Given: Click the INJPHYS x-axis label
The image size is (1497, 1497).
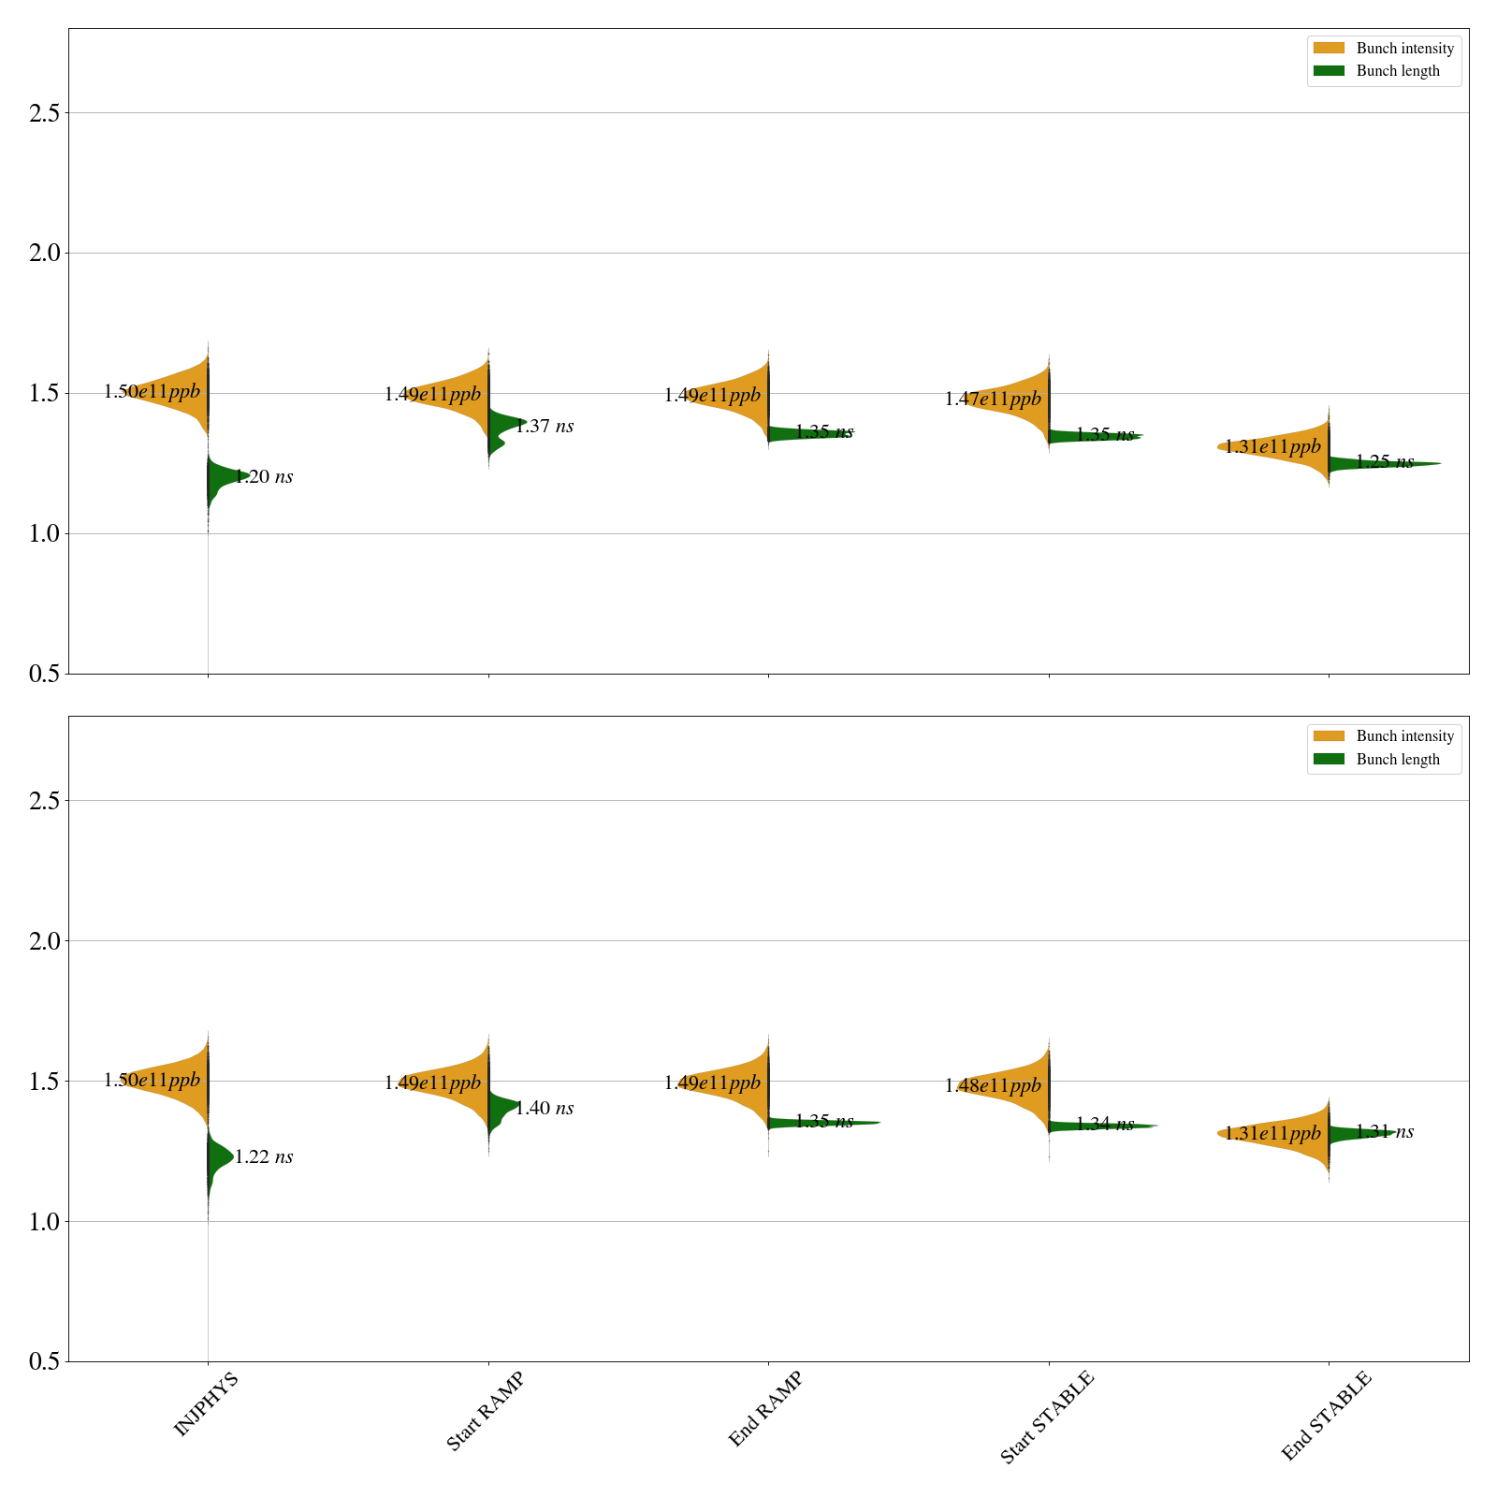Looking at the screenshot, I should tap(206, 1403).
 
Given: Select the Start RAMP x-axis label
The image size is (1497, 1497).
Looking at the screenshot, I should tap(485, 1411).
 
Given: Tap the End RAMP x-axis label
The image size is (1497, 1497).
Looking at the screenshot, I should tap(765, 1409).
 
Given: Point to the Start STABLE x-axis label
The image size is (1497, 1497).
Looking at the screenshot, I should tap(1046, 1417).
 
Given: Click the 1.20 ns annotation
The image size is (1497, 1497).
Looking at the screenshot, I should tap(264, 477).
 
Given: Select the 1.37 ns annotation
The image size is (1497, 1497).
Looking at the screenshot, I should tap(545, 427).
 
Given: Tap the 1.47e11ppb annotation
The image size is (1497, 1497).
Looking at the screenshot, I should tap(993, 400).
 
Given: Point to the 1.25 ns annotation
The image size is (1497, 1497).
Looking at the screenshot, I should tap(1385, 462).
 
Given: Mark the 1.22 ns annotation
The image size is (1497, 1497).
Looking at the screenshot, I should tap(264, 1157).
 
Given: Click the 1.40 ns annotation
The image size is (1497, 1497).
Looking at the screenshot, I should tap(545, 1109).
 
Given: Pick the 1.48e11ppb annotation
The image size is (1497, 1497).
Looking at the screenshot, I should tap(993, 1086).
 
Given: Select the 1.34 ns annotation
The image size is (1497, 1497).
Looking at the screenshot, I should tap(1105, 1125).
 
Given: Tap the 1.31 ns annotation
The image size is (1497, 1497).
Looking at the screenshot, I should tap(1385, 1132).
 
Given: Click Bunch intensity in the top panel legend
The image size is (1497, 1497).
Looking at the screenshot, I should tap(1404, 49).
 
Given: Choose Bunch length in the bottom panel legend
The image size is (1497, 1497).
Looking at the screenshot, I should tap(1398, 760).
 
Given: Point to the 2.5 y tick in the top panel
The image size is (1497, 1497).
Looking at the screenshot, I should tap(44, 113).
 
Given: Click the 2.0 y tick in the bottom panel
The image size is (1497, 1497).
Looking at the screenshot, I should tap(44, 941).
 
